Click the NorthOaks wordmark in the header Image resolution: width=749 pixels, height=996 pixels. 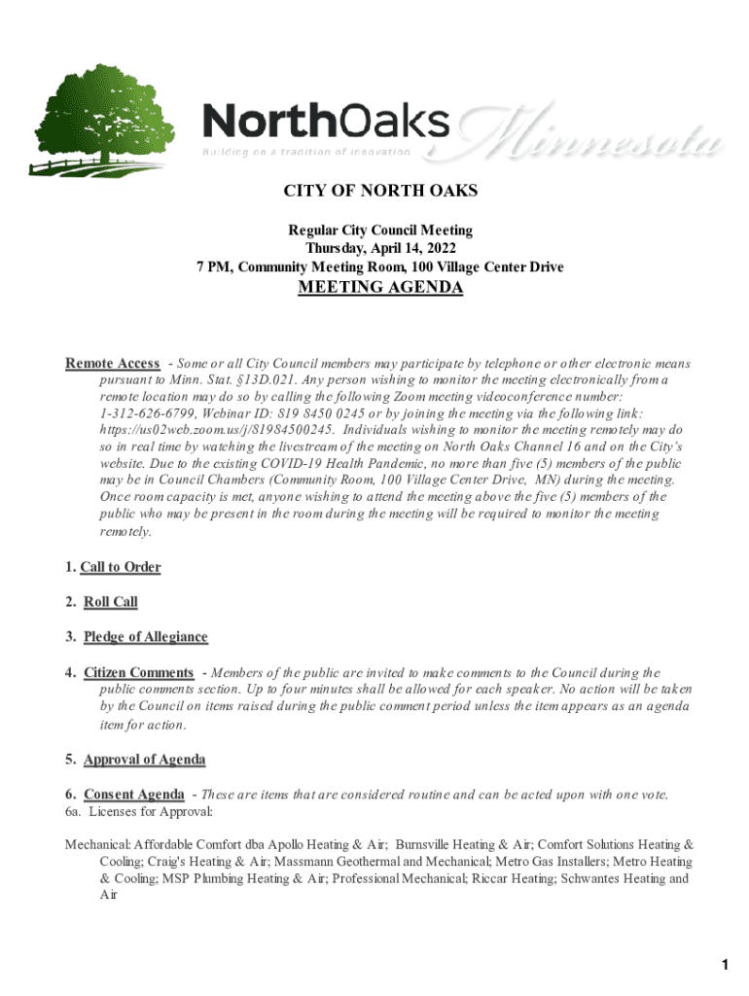pyautogui.click(x=326, y=123)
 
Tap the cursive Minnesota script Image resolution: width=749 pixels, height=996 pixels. pyautogui.click(x=593, y=136)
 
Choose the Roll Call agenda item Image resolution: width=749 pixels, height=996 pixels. pyautogui.click(x=110, y=602)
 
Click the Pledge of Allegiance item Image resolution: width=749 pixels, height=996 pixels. pyautogui.click(x=145, y=637)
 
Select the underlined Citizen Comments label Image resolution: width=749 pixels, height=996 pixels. pyautogui.click(x=138, y=672)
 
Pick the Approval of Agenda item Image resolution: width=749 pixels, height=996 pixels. pyautogui.click(x=144, y=760)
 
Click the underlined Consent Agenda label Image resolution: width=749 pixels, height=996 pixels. pyautogui.click(x=133, y=795)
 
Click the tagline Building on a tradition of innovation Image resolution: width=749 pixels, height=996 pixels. pyautogui.click(x=305, y=153)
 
